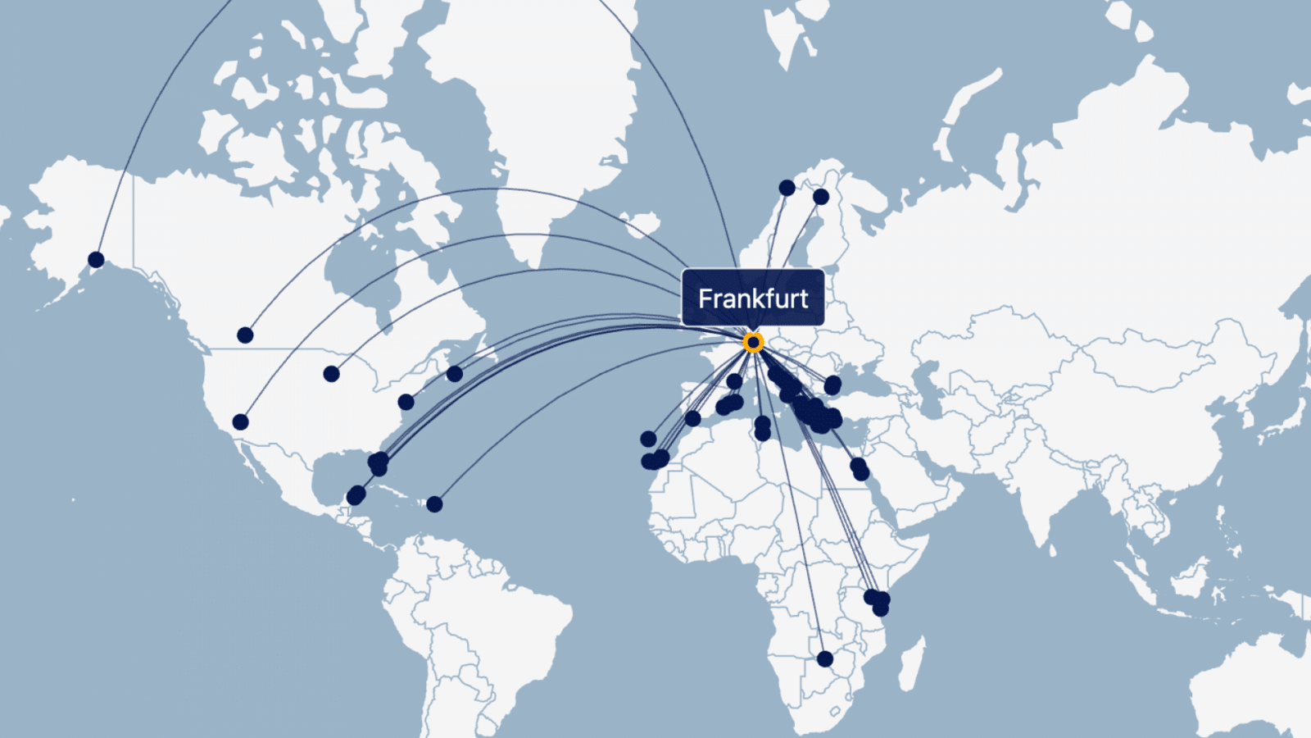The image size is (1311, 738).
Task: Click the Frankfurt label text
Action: [753, 298]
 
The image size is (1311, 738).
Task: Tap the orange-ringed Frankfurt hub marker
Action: [753, 342]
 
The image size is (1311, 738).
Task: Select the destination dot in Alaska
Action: [96, 260]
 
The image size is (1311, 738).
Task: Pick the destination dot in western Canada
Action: [245, 335]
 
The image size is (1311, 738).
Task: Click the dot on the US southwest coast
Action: [240, 421]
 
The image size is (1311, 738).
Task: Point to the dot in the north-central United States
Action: [331, 374]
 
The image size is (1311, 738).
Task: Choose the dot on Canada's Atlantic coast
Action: [455, 374]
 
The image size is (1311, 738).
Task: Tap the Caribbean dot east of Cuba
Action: [434, 504]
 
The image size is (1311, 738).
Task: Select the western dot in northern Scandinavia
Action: [787, 188]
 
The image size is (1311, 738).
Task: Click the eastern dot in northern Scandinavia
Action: [821, 197]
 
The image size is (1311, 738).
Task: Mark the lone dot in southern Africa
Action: [825, 658]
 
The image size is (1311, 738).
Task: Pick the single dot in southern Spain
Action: [692, 418]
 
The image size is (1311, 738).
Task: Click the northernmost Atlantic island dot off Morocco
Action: [648, 439]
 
